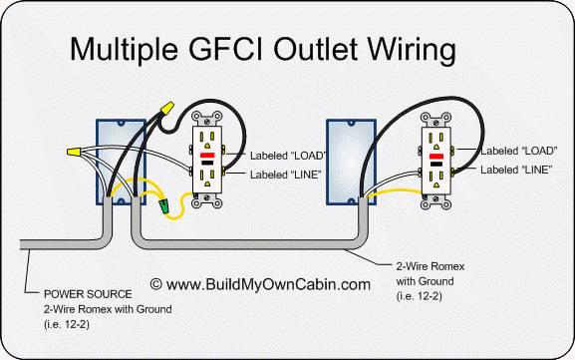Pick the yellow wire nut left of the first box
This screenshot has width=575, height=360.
(x=72, y=153)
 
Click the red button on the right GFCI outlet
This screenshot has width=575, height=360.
(x=435, y=158)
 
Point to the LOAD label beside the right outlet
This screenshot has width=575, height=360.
(x=519, y=150)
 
